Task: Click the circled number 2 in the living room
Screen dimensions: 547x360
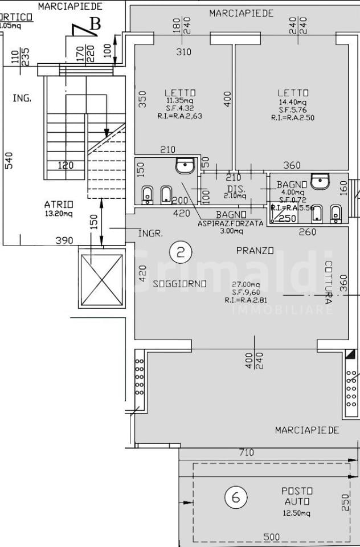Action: pyautogui.click(x=181, y=252)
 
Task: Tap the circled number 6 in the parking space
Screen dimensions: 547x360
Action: pyautogui.click(x=236, y=498)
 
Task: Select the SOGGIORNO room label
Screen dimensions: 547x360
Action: pyautogui.click(x=179, y=284)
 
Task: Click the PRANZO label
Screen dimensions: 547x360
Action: pyautogui.click(x=255, y=251)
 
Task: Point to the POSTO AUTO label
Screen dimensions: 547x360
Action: pyautogui.click(x=297, y=496)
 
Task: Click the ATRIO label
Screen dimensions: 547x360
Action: pyautogui.click(x=59, y=205)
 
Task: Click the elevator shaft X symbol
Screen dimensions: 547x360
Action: pyautogui.click(x=102, y=279)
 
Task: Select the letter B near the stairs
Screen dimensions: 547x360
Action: pyautogui.click(x=95, y=24)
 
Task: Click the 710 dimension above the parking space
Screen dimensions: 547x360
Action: pyautogui.click(x=246, y=453)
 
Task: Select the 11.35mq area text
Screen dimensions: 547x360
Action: pyautogui.click(x=180, y=101)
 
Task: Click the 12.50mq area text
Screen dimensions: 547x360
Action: pyautogui.click(x=297, y=513)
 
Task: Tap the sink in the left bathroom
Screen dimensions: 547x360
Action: pyautogui.click(x=185, y=166)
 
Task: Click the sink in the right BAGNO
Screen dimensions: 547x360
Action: pyautogui.click(x=321, y=182)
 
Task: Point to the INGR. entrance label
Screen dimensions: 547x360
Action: pyautogui.click(x=151, y=234)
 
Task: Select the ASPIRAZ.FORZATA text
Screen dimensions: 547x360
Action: pyautogui.click(x=231, y=223)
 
